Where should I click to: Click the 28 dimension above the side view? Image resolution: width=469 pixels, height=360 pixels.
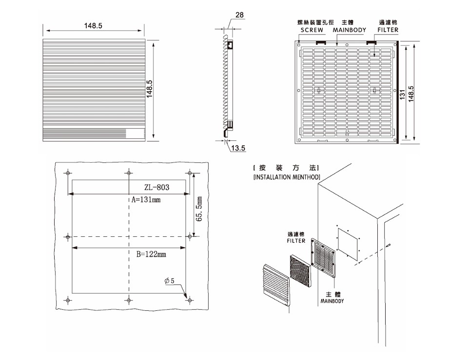(x=239, y=15)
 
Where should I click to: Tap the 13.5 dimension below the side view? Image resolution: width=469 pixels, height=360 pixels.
(x=238, y=148)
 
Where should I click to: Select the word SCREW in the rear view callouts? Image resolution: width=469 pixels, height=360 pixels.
(x=312, y=30)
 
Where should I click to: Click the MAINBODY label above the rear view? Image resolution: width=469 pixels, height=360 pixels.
(x=349, y=30)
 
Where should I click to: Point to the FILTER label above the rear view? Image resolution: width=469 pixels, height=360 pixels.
(x=388, y=30)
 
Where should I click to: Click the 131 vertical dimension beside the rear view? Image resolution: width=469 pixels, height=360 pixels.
(x=403, y=94)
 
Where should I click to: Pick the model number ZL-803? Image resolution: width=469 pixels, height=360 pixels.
(x=157, y=187)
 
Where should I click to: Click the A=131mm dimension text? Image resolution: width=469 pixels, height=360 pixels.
(x=146, y=200)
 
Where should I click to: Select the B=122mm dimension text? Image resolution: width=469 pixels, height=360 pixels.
(x=149, y=254)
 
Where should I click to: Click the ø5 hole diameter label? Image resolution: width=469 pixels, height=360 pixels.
(x=173, y=281)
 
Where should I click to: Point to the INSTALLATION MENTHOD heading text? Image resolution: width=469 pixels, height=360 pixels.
(x=287, y=177)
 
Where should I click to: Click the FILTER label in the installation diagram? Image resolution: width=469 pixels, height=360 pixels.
(x=295, y=241)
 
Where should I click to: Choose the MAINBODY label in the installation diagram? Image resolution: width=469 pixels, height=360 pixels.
(x=332, y=301)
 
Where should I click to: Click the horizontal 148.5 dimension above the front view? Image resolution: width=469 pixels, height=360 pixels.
(x=93, y=26)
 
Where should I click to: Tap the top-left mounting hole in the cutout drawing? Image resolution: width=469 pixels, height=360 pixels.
(x=68, y=173)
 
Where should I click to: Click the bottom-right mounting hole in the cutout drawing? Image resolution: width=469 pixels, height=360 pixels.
(x=189, y=300)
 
